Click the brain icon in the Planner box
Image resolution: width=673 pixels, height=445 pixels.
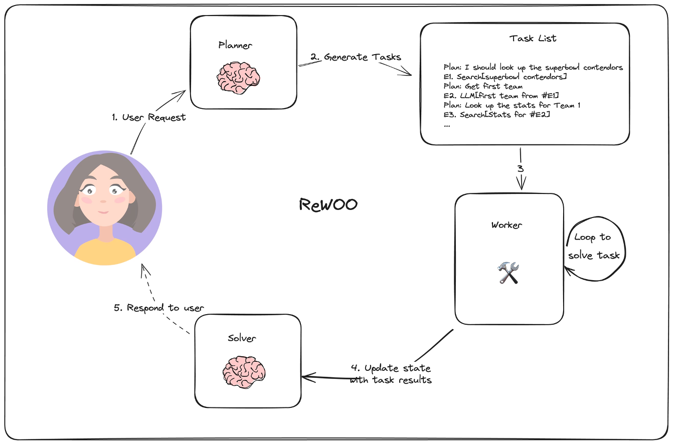click(238, 77)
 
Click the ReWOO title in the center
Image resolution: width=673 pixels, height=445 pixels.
click(328, 204)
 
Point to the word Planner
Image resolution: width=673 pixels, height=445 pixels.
click(235, 45)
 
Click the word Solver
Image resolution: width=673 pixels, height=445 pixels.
click(242, 338)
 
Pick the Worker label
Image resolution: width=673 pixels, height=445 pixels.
click(507, 225)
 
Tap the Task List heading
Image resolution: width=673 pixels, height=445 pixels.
click(533, 38)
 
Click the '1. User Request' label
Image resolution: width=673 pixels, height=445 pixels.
click(148, 117)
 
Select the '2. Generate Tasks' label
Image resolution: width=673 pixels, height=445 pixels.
click(356, 57)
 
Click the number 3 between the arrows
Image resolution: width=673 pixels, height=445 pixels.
click(520, 168)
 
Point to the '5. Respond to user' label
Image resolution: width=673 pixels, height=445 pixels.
click(159, 307)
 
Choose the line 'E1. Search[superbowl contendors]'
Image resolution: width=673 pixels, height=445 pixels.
click(505, 77)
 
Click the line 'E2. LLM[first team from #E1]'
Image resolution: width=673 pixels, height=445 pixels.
click(501, 96)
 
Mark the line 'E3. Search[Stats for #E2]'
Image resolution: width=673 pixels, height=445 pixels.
click(497, 115)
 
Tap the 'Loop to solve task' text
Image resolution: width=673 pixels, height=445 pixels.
click(594, 246)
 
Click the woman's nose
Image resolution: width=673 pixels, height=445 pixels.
click(103, 201)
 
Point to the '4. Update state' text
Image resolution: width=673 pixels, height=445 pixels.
click(391, 368)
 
